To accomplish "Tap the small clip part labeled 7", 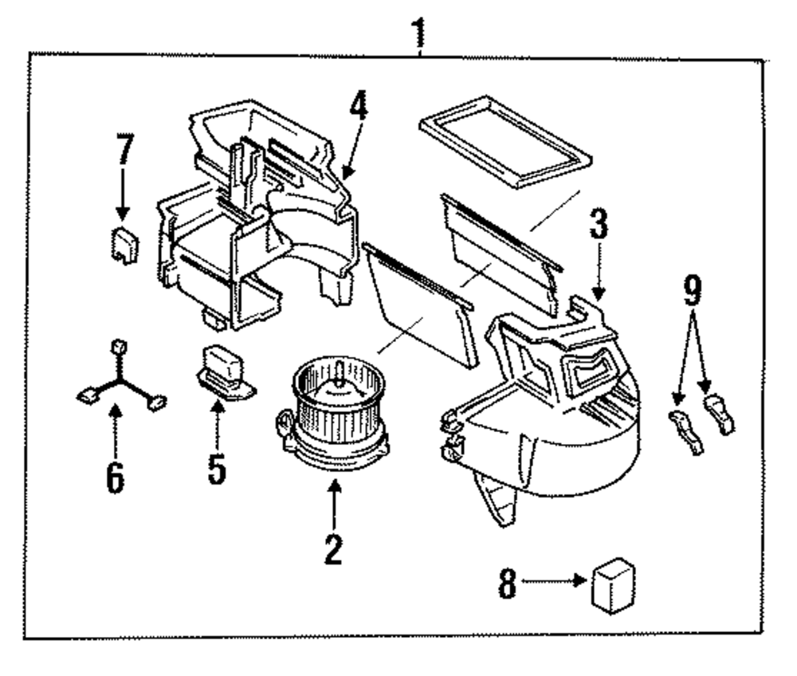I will point(124,244).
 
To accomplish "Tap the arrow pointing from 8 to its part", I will point(558,583).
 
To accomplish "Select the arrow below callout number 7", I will point(123,195).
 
